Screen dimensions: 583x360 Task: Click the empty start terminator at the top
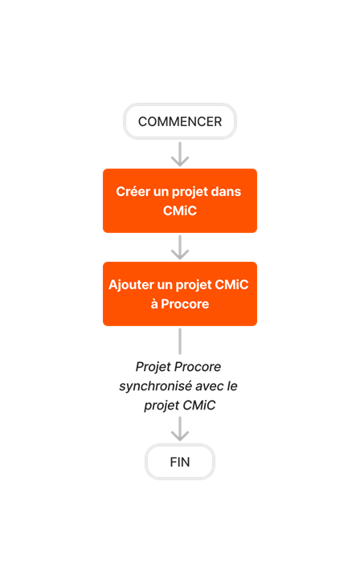[x=180, y=121]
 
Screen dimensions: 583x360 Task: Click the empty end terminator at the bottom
[x=180, y=461]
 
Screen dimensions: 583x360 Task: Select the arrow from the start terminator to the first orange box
[x=180, y=153]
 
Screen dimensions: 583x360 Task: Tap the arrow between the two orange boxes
[x=180, y=247]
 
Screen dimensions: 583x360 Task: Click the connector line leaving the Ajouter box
[x=180, y=340]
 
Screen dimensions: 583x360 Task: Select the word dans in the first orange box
[x=225, y=192]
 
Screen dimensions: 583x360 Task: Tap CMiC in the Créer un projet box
[x=180, y=210]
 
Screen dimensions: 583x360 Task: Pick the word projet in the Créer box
[x=190, y=192]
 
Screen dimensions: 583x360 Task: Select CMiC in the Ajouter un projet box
[x=235, y=285]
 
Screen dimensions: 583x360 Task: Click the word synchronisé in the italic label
[x=156, y=386]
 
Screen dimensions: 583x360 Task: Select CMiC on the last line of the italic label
[x=199, y=406]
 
